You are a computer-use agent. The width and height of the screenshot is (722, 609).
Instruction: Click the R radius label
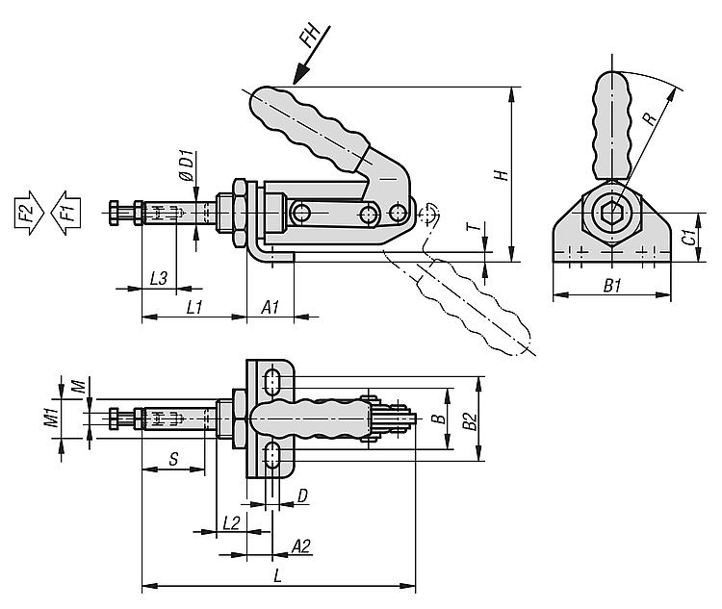click(650, 118)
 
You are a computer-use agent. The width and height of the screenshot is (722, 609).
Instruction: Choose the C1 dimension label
click(688, 237)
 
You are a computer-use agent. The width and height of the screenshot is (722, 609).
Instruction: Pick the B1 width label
click(611, 285)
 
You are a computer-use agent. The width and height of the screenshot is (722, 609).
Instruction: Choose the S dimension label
click(172, 460)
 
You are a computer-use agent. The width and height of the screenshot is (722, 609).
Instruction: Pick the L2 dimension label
click(231, 522)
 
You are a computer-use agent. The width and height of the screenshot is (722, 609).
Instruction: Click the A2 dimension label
click(300, 546)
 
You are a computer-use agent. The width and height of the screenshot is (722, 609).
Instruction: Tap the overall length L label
click(277, 576)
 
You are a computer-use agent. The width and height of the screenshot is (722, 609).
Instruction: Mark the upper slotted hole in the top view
click(272, 379)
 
